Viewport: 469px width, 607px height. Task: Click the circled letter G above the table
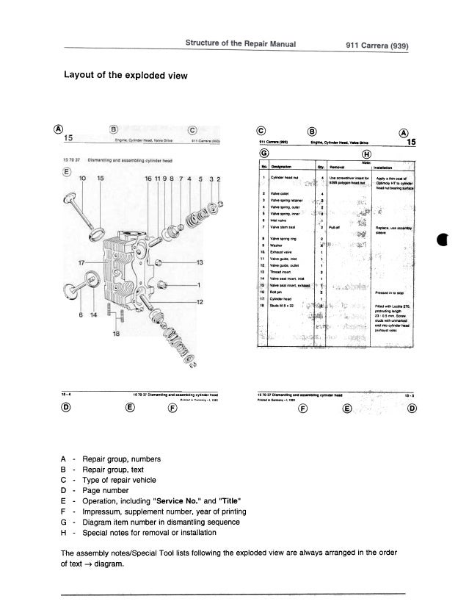(x=263, y=153)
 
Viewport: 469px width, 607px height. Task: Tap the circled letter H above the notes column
(x=366, y=153)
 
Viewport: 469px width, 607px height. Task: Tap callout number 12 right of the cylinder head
(x=198, y=303)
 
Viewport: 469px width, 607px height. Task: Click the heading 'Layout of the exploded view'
(x=126, y=76)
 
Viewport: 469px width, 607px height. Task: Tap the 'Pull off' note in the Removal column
(x=335, y=229)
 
